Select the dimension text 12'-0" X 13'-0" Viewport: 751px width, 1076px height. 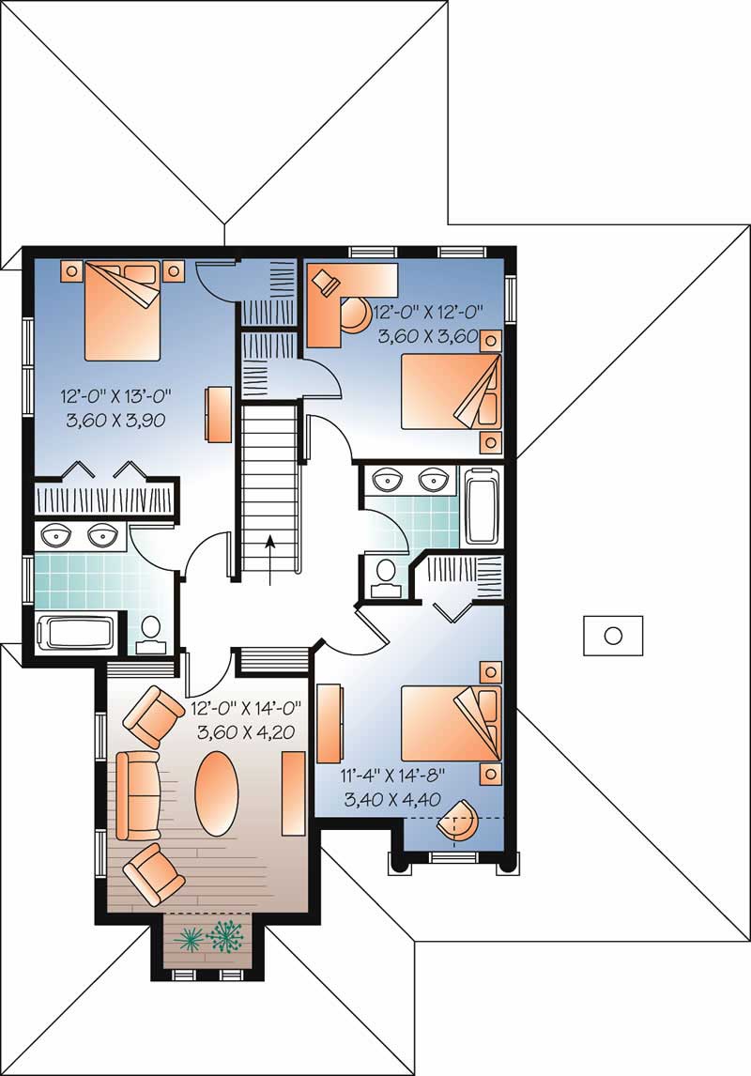click(x=117, y=395)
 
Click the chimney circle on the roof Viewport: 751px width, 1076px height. click(x=613, y=636)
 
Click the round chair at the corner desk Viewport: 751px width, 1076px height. click(x=354, y=314)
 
